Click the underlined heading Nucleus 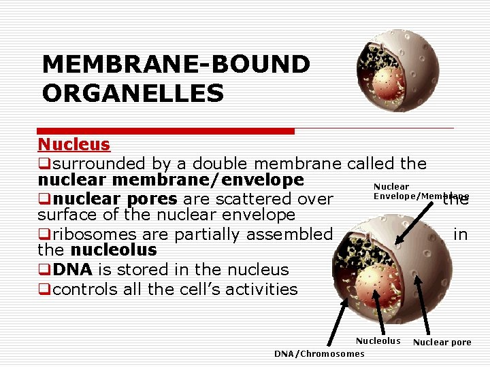coord(73,144)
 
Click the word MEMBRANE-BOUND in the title coord(176,65)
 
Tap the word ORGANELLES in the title coord(133,93)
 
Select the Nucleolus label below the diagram coord(378,340)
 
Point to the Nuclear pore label coord(442,342)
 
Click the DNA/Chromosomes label coord(319,353)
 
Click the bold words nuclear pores coord(116,199)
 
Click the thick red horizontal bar coord(166,130)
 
